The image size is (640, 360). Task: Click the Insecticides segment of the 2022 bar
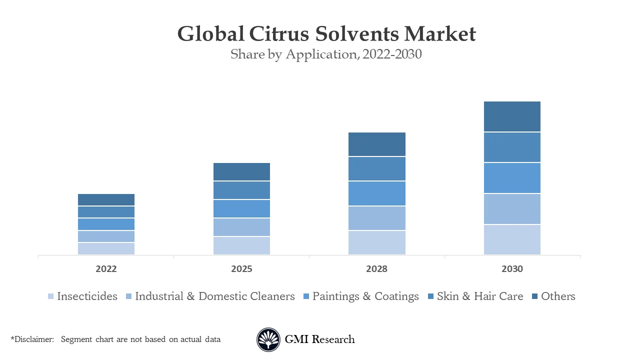point(106,248)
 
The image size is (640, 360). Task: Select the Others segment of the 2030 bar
point(512,116)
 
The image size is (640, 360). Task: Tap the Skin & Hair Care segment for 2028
point(376,169)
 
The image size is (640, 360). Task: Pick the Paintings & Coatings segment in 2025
point(241,208)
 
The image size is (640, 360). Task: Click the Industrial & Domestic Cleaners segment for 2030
point(512,209)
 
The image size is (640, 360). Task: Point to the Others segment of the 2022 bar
point(106,199)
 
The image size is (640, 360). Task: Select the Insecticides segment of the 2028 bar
point(376,242)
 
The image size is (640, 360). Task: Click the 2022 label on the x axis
point(106,269)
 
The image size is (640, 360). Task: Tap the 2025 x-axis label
point(241,269)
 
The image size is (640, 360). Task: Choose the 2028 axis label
point(376,269)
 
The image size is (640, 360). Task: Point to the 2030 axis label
point(512,269)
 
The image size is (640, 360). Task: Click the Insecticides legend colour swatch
point(50,296)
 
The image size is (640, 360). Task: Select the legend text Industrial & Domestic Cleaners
point(214,296)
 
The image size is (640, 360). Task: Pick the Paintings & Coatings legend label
point(365,296)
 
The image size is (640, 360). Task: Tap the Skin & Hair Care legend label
point(479,296)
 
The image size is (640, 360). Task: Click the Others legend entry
point(557,296)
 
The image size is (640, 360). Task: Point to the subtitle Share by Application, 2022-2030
point(326,54)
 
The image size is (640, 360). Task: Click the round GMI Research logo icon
point(268,339)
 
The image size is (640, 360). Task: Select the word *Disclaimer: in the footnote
point(32,339)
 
